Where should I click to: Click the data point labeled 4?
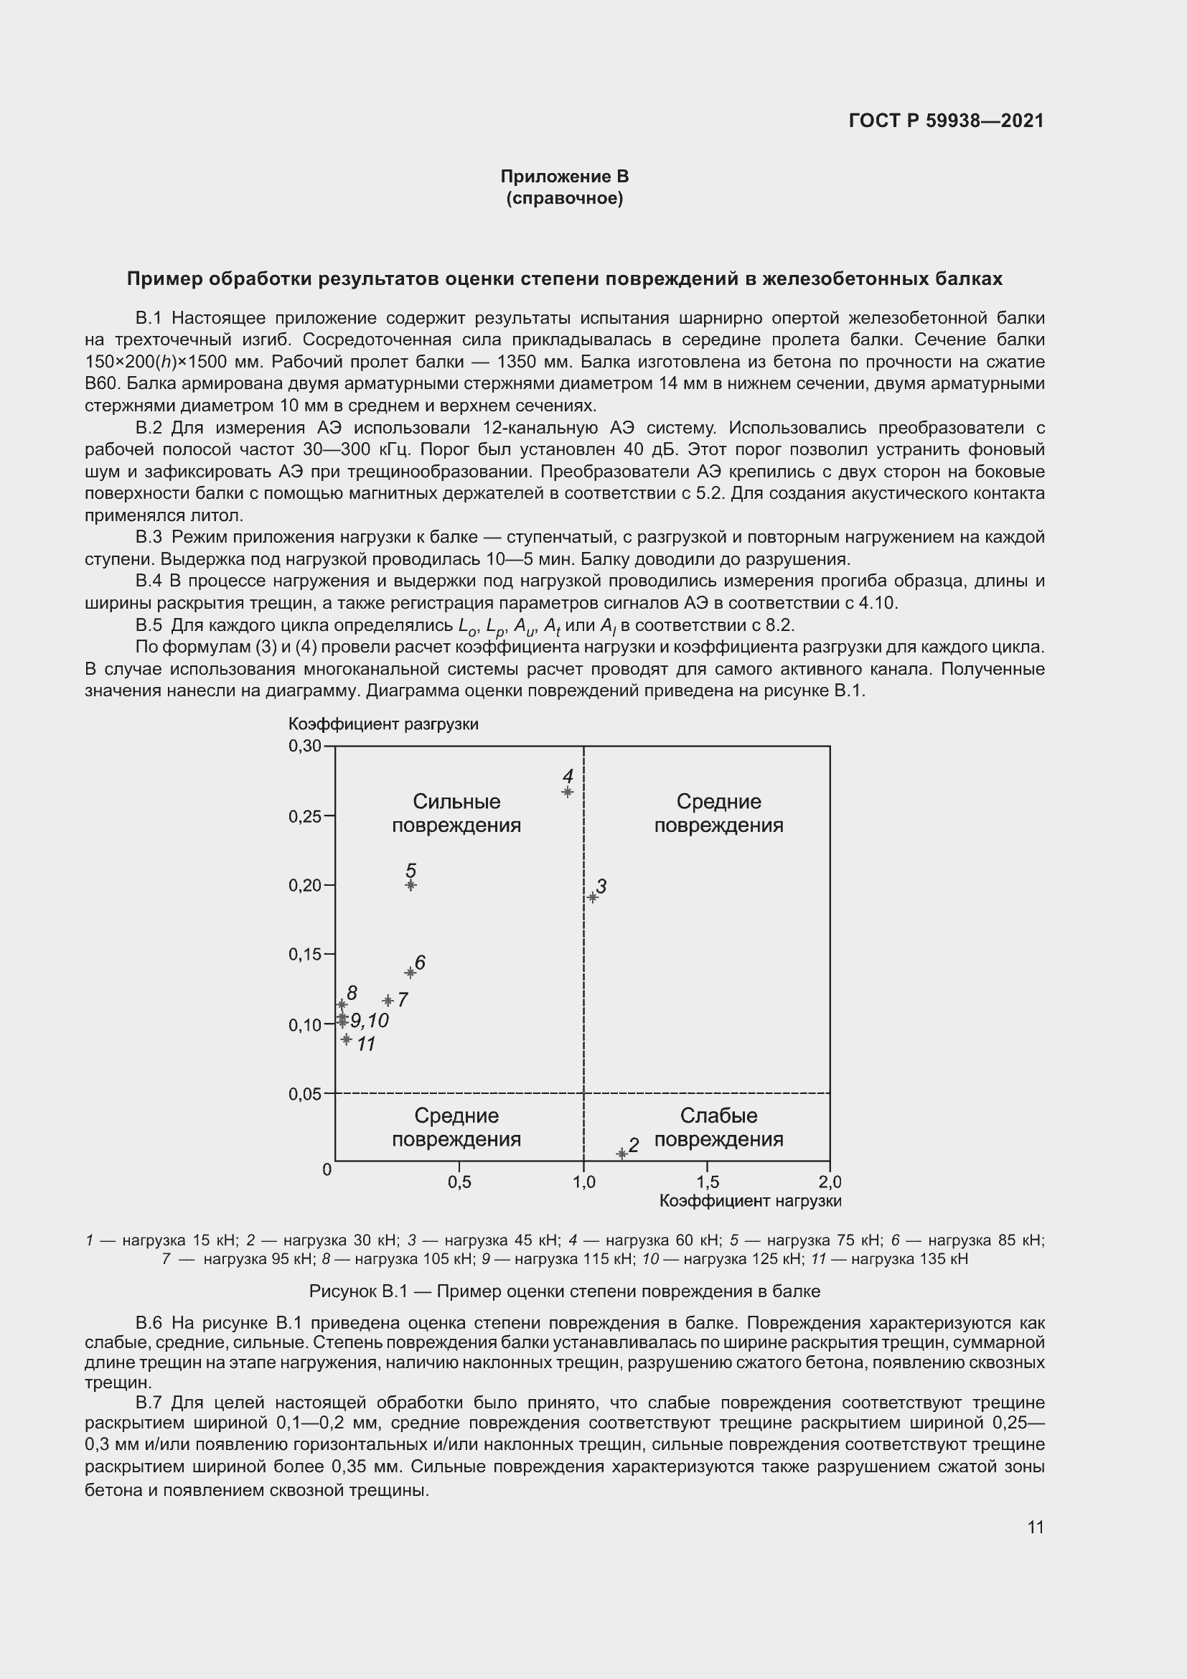(x=567, y=791)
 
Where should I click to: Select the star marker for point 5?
(x=410, y=885)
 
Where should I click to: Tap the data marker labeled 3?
(x=593, y=897)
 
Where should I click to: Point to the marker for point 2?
(x=622, y=1154)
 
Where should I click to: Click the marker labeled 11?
(x=347, y=1039)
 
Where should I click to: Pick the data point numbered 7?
(x=388, y=1000)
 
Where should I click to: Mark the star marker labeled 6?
(x=410, y=973)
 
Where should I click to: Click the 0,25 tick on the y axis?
(x=305, y=816)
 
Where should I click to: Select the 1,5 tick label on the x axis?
(x=708, y=1182)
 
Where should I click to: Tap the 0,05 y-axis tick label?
(x=305, y=1094)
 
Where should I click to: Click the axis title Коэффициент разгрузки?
(x=383, y=724)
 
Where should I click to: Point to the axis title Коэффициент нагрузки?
(x=750, y=1201)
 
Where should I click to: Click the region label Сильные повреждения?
(x=456, y=813)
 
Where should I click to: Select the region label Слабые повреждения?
(x=718, y=1127)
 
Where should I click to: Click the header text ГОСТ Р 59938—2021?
(x=946, y=121)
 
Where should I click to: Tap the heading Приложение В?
(x=564, y=177)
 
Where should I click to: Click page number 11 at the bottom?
(x=1035, y=1527)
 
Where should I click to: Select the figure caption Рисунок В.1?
(x=564, y=1291)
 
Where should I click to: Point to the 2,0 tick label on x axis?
(x=830, y=1182)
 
